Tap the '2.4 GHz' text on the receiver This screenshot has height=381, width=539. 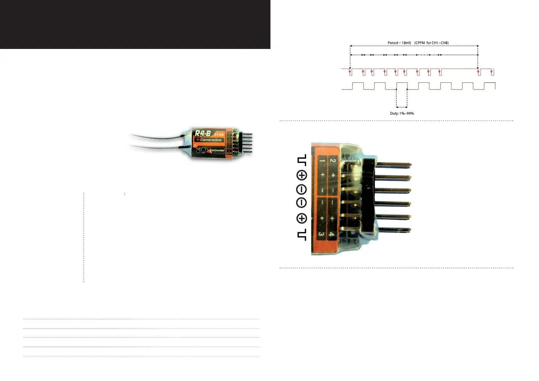coord(219,135)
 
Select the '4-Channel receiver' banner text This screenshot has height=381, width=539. coord(209,140)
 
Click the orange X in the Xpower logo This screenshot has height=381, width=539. coord(210,151)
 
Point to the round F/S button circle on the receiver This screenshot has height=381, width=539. coord(198,151)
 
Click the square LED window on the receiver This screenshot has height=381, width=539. coord(203,149)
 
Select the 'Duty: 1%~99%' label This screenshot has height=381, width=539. coord(402,113)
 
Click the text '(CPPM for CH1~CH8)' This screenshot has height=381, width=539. coord(431,43)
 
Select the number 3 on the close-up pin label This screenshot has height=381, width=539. coord(321,234)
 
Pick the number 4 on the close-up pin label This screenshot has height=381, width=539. coord(332,234)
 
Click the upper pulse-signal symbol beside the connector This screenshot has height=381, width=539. coord(302,160)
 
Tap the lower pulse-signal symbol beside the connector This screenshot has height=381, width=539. coord(302,234)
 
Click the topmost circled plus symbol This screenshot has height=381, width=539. coord(302,175)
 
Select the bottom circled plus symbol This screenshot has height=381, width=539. coord(302,218)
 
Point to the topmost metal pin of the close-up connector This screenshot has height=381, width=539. coord(394,165)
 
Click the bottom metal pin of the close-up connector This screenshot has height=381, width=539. coord(394,230)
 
